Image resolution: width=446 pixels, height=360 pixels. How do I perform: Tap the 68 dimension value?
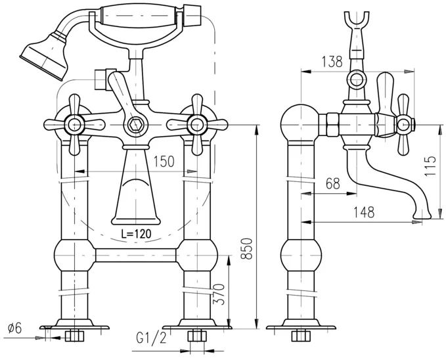(x=332, y=184)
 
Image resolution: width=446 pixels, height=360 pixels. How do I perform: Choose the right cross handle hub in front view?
(x=196, y=124)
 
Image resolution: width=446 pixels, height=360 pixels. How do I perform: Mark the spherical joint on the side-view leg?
(x=301, y=253)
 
